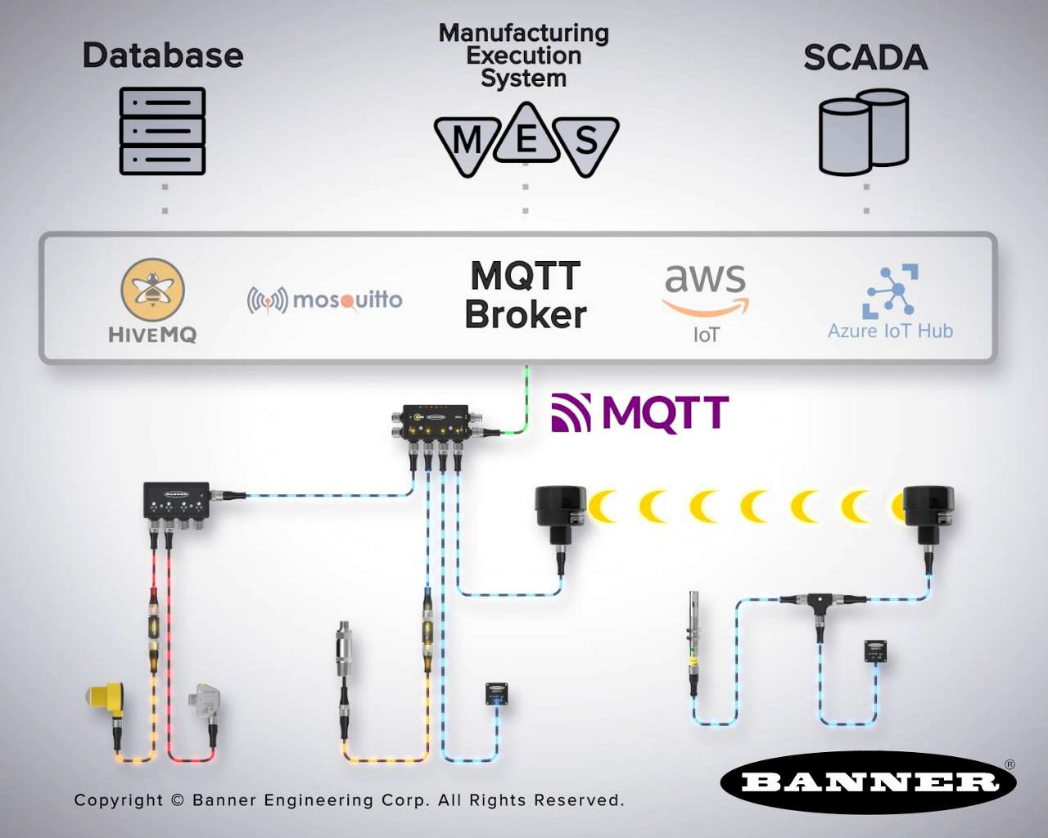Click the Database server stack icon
pyautogui.click(x=162, y=131)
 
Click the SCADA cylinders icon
pyautogui.click(x=864, y=133)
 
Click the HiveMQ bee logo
pyautogui.click(x=153, y=290)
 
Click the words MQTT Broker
pyautogui.click(x=526, y=295)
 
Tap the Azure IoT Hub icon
pyautogui.click(x=890, y=292)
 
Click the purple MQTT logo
pyautogui.click(x=640, y=412)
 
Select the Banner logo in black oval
pyautogui.click(x=869, y=782)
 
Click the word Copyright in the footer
pyautogui.click(x=119, y=800)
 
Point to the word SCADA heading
pyautogui.click(x=865, y=58)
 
